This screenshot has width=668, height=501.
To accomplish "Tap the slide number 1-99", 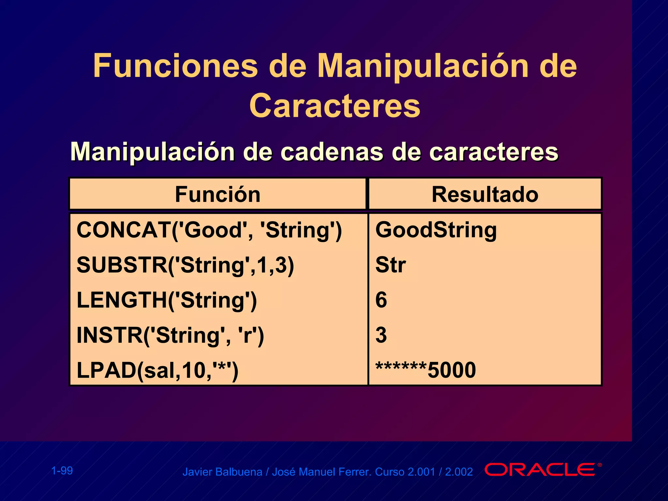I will tap(62, 471).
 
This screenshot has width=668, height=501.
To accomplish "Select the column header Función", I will tap(218, 194).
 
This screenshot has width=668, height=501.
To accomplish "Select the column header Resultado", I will tap(485, 194).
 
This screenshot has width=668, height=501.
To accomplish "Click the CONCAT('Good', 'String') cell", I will tap(209, 230).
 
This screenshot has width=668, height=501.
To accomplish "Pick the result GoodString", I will tap(436, 230).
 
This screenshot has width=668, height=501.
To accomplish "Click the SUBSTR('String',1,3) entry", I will tap(185, 265).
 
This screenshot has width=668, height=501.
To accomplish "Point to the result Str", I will tap(390, 265).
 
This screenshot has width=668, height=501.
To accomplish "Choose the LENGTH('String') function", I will tap(167, 300).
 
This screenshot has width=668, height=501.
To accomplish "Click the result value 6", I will tap(381, 300).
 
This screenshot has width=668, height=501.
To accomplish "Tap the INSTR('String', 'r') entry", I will tap(170, 335).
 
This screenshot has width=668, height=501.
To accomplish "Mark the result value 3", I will tap(381, 335).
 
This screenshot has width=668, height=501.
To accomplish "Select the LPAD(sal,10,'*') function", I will tap(157, 371).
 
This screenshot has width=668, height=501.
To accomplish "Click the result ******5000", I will tap(425, 370).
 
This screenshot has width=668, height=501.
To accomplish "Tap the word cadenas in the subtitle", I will tap(331, 152).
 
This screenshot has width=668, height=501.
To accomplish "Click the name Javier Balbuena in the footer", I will tap(222, 472).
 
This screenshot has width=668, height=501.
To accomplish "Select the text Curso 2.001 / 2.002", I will tap(424, 472).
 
